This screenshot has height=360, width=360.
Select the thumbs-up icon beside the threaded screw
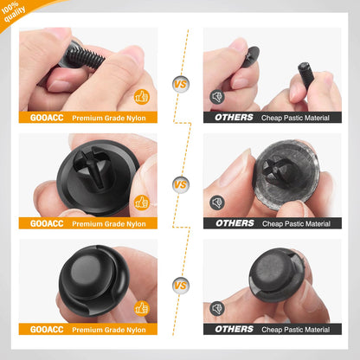coord(142,97)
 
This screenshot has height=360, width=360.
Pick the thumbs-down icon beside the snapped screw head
coord(217,97)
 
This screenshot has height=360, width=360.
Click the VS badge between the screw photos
coord(180,84)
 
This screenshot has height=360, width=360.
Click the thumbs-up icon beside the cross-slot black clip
coord(142,202)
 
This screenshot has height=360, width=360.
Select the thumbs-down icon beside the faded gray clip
coord(217,202)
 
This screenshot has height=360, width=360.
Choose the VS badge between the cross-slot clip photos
coord(180,183)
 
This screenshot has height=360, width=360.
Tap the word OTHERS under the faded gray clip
coord(235,223)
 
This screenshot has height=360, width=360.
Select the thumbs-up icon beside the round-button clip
coord(142,307)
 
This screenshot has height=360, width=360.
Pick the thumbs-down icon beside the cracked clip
coord(217,307)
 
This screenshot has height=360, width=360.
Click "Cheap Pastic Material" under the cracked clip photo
coord(296,329)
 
